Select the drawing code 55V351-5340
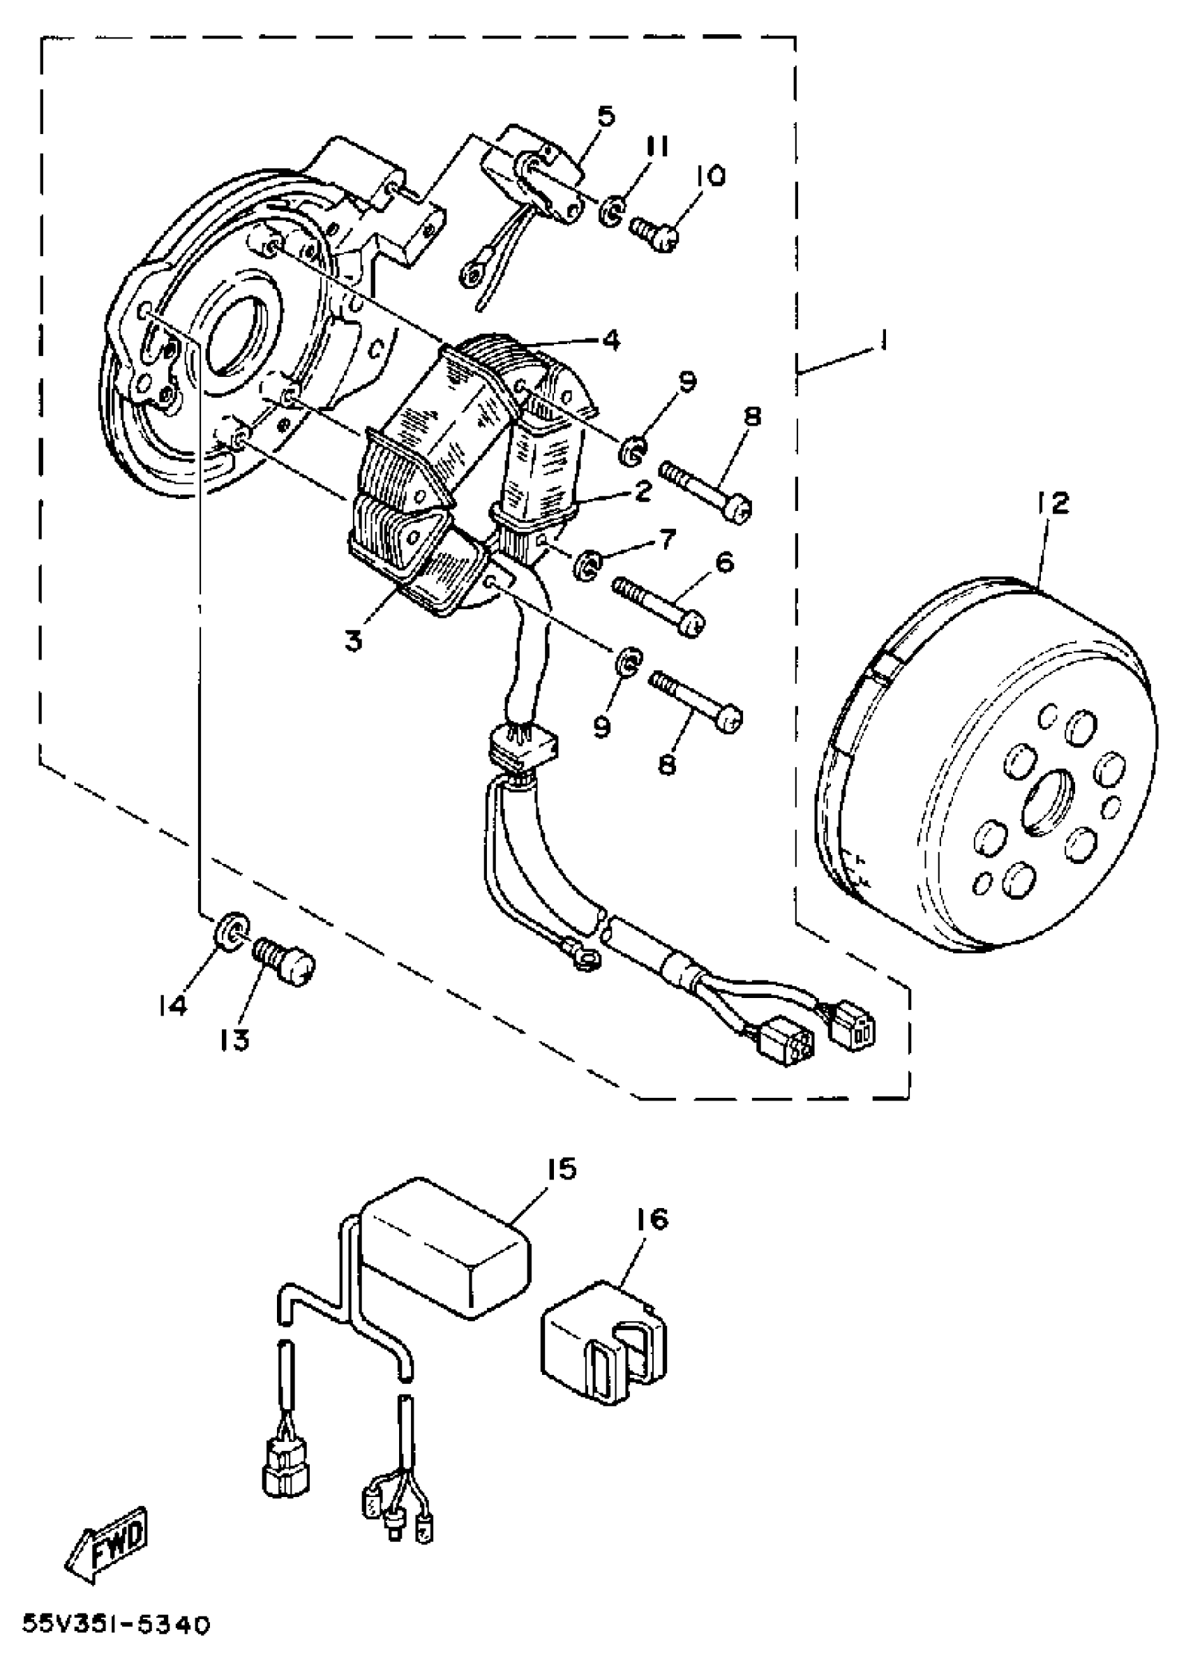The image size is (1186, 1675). coord(116,1645)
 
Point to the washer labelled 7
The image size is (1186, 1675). coord(587,566)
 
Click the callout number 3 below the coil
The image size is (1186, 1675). coord(354,641)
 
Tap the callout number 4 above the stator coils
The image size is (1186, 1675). coord(610,340)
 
